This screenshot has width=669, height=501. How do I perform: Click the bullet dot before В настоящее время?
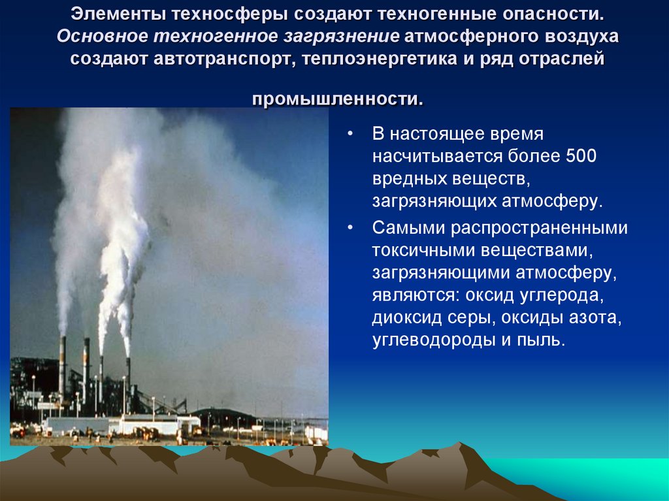[351, 134]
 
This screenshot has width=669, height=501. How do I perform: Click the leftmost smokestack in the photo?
[62, 366]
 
